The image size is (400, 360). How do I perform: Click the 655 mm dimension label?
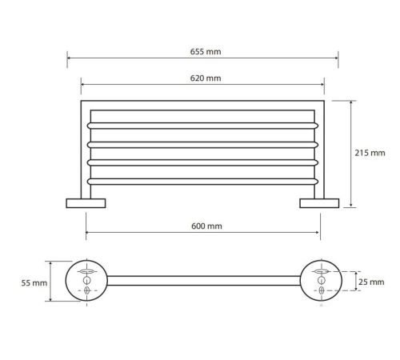tap(206, 51)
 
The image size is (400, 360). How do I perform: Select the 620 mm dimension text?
tap(206, 78)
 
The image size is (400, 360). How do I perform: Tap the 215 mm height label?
tap(370, 153)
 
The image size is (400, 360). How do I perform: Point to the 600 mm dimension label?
tap(206, 226)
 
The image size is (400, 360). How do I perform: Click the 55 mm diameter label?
tap(34, 283)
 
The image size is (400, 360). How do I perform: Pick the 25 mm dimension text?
tap(371, 282)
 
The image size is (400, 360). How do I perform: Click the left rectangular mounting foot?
tap(86, 203)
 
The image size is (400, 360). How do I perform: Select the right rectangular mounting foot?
tap(319, 203)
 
